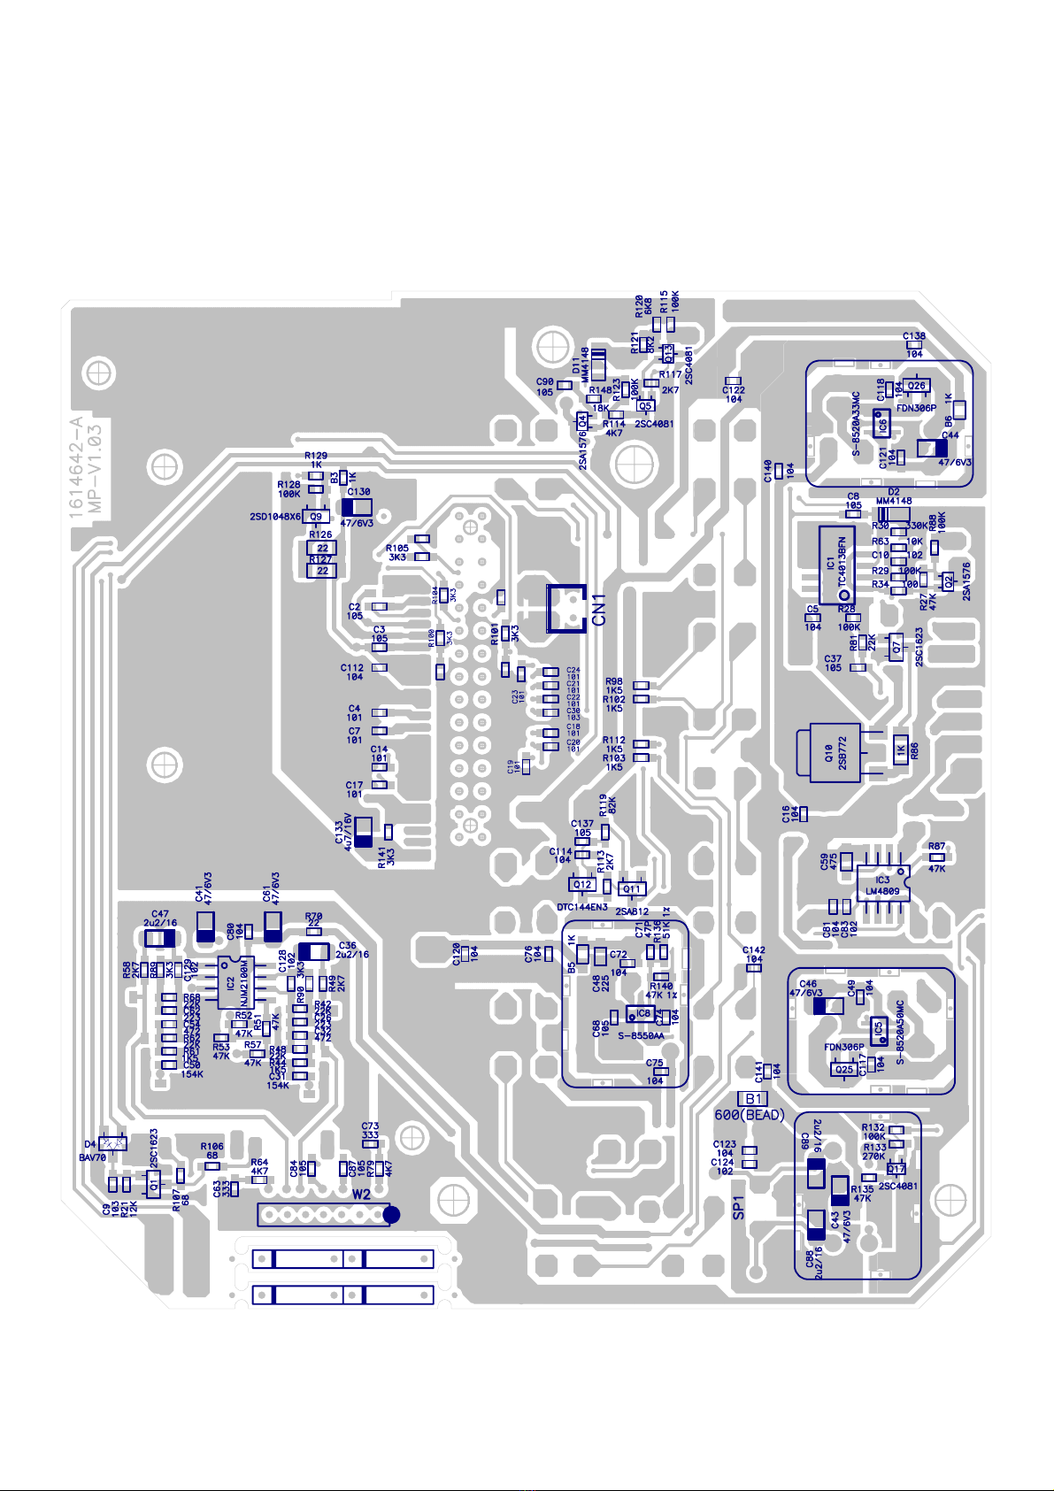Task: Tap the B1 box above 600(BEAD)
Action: [752, 1099]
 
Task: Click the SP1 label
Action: [739, 1208]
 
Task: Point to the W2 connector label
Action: [361, 1194]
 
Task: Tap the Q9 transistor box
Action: [316, 516]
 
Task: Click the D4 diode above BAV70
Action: [114, 1143]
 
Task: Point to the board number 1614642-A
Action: [75, 466]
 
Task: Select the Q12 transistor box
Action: [582, 884]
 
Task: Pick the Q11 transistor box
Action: [631, 888]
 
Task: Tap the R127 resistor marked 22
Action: [321, 570]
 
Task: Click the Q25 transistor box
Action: [844, 1069]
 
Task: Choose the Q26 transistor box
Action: [916, 386]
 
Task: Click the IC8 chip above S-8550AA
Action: [643, 1013]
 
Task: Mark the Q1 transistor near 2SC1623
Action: [154, 1184]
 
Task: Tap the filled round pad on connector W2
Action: [391, 1216]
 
